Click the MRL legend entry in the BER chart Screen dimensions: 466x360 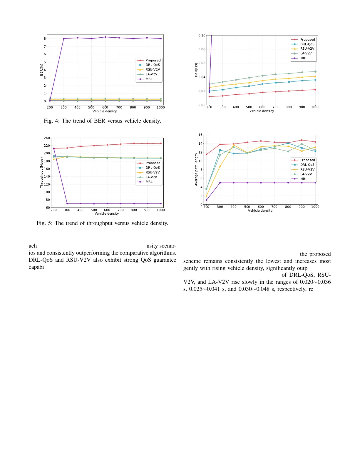tap(149, 79)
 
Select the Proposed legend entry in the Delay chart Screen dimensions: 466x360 tap(307, 39)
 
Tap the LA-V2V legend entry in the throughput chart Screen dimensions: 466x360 tap(151, 177)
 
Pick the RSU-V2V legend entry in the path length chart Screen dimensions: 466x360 tap(307, 169)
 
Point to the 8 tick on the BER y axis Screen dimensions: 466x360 tap(45, 39)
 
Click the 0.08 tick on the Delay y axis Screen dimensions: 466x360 tap(202, 49)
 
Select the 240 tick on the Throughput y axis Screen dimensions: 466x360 tap(47, 138)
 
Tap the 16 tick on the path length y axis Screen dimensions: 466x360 tap(200, 135)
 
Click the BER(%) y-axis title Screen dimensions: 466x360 tap(41, 70)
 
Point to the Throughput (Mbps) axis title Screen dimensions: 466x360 tap(41, 173)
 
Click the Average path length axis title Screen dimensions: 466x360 tap(196, 169)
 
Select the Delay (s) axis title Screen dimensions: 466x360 tap(196, 70)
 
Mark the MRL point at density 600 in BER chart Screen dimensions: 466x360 tap(105, 37)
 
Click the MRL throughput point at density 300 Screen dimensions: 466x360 tap(67, 204)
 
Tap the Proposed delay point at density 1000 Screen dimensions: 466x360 tap(315, 90)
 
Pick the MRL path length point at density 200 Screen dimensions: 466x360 tap(206, 200)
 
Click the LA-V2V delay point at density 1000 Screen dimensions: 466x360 tap(315, 71)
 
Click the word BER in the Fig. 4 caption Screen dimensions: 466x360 tap(99, 121)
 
